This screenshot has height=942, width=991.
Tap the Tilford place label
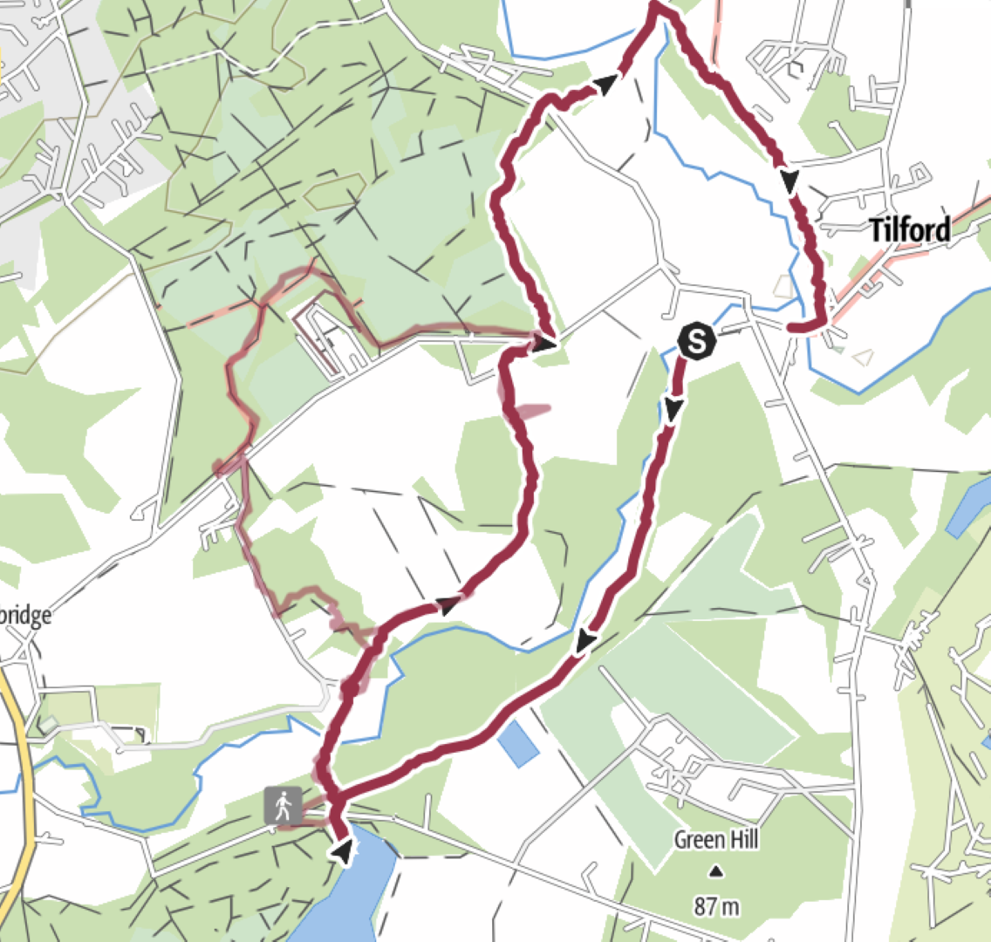(x=910, y=230)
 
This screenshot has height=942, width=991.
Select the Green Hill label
(x=716, y=840)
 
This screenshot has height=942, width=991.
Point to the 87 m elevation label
(x=716, y=906)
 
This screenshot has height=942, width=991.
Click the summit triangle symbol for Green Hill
(x=716, y=870)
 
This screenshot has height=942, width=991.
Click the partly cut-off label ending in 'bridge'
(x=25, y=616)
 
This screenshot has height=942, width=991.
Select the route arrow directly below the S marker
(x=673, y=408)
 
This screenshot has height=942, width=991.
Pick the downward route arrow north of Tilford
(x=789, y=181)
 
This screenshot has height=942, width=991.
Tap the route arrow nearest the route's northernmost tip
(x=606, y=84)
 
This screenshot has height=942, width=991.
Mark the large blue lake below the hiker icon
(x=349, y=898)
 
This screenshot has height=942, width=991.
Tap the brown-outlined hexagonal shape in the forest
(x=335, y=191)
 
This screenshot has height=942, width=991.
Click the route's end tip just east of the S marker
(x=790, y=327)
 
